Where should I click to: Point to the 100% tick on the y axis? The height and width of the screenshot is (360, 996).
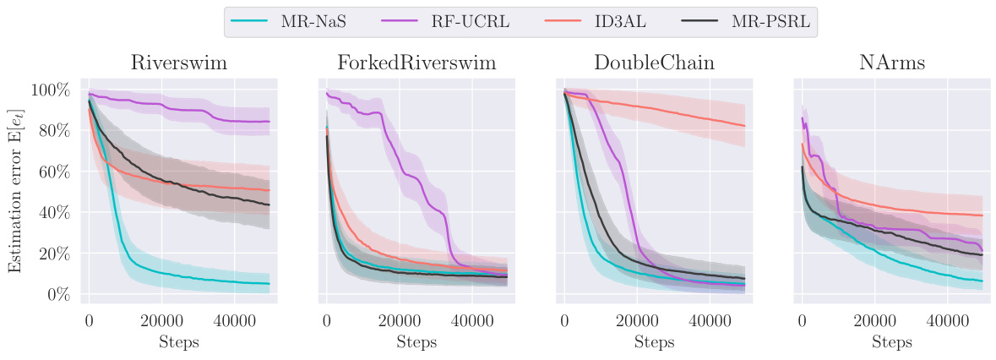[x=52, y=90]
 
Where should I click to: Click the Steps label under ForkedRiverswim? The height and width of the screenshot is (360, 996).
[x=416, y=342]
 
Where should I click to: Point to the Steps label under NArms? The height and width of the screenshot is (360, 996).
[x=891, y=342]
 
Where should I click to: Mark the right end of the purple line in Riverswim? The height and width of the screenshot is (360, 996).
[x=269, y=122]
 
